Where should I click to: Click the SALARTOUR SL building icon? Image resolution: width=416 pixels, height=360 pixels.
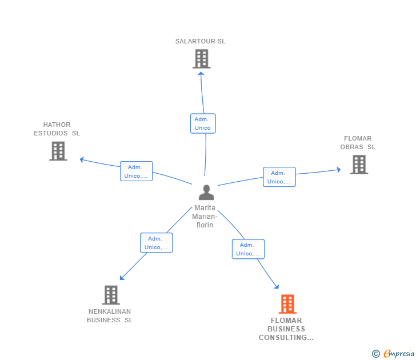[201, 59]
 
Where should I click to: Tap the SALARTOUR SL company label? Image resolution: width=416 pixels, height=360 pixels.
[201, 41]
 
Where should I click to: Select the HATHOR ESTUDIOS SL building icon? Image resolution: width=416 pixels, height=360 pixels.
[58, 151]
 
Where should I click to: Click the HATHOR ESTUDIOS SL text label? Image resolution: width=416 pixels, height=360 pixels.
[57, 129]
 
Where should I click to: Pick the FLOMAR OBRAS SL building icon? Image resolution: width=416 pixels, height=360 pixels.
[359, 165]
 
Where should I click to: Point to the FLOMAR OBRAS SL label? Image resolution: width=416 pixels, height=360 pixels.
[358, 143]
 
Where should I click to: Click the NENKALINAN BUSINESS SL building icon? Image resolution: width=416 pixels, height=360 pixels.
[111, 295]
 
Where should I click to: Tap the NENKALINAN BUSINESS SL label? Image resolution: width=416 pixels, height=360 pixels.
[110, 316]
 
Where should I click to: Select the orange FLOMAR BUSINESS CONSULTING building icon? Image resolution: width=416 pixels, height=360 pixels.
[287, 304]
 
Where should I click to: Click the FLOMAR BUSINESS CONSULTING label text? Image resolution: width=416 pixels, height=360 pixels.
[286, 329]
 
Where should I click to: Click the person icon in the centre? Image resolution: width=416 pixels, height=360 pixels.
[206, 193]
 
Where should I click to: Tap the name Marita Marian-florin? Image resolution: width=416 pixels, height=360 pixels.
[205, 217]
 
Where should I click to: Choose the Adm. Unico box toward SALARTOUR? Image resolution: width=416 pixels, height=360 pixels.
[203, 123]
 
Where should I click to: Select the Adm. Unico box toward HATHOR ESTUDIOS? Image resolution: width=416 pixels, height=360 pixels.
[136, 171]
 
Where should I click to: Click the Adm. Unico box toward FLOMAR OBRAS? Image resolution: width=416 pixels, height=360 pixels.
[279, 177]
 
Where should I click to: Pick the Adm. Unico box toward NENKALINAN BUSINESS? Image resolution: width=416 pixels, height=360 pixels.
[156, 243]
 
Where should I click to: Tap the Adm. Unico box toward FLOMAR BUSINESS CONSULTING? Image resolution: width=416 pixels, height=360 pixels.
[248, 249]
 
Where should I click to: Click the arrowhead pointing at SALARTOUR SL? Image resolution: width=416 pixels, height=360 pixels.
[201, 73]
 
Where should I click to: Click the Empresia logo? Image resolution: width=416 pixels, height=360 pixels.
[394, 354]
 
